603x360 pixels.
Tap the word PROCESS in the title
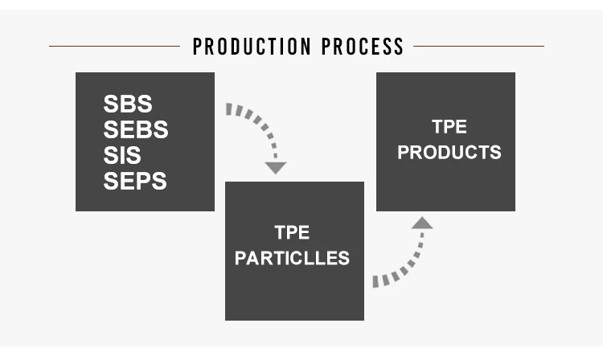[x=363, y=47]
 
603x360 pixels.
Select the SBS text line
[x=127, y=104]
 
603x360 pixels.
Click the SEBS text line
[x=135, y=129]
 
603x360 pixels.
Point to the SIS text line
[x=122, y=155]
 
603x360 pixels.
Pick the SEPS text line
[x=134, y=181]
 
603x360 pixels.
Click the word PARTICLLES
[x=292, y=258]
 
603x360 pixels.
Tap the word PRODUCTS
[x=449, y=152]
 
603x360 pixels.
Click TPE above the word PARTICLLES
[x=292, y=233]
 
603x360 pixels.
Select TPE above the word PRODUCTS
[x=449, y=127]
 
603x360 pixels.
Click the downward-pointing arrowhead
[x=276, y=168]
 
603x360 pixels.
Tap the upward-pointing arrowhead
[x=421, y=223]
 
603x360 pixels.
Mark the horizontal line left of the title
[x=114, y=46]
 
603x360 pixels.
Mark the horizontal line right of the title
[x=479, y=46]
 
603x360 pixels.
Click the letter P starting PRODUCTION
[x=198, y=47]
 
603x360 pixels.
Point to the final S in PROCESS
[x=399, y=47]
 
